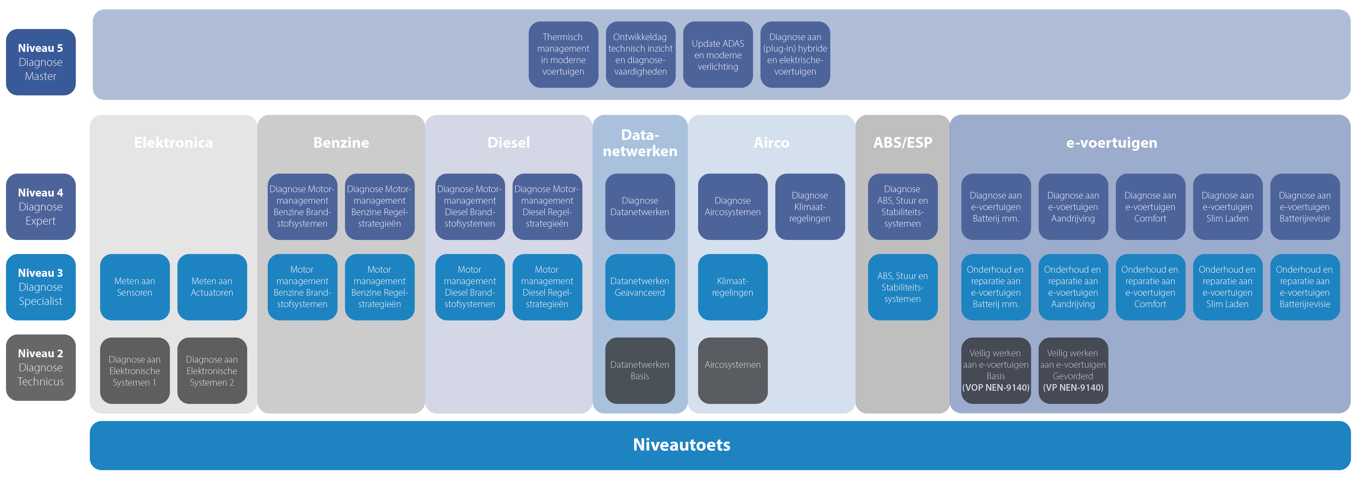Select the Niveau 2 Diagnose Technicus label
click(41, 367)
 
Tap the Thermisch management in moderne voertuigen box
click(563, 54)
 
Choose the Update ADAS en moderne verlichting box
click(717, 54)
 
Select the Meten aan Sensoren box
click(134, 287)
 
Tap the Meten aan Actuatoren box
click(211, 287)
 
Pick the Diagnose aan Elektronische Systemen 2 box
click(211, 371)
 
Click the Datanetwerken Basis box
click(639, 371)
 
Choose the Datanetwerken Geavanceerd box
click(639, 287)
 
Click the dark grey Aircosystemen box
click(732, 371)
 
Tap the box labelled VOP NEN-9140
click(995, 371)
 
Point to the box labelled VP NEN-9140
click(1073, 371)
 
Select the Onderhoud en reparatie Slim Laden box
click(1227, 287)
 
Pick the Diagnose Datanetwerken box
click(639, 207)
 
